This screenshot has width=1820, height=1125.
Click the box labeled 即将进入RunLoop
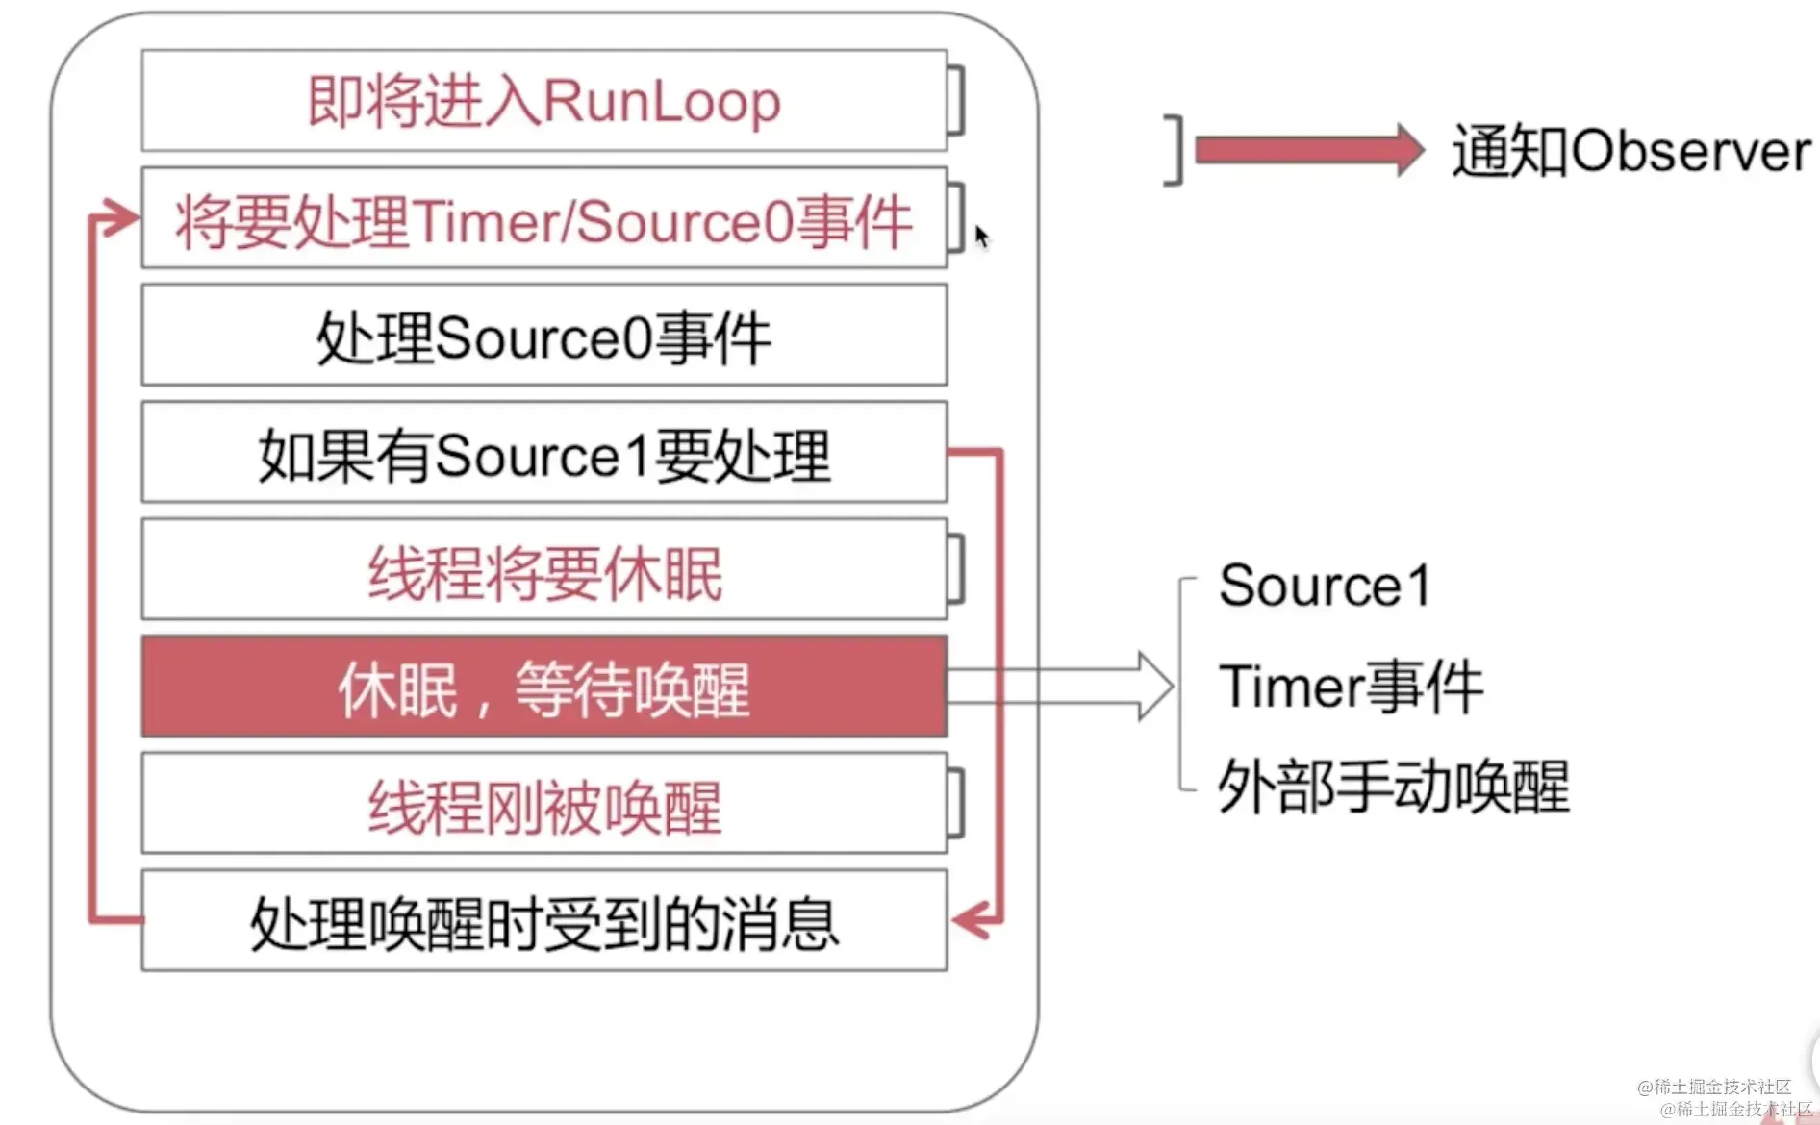[x=543, y=101]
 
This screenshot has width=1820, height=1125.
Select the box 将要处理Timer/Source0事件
[x=543, y=219]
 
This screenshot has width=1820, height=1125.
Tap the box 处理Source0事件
[x=543, y=337]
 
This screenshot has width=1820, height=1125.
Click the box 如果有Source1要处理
[x=543, y=454]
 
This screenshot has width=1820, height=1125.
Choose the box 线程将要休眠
[x=543, y=571]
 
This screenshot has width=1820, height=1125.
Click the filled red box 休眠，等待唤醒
[x=543, y=687]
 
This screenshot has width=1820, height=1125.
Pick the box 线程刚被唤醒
[x=543, y=805]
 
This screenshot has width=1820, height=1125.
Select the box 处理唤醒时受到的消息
[x=543, y=922]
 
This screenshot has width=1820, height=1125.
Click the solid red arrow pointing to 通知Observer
[x=1308, y=151]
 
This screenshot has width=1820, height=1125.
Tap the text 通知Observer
[x=1630, y=151]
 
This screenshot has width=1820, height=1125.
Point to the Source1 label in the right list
[x=1325, y=585]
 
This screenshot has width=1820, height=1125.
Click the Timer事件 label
[x=1351, y=687]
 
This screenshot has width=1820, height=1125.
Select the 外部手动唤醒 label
[x=1393, y=787]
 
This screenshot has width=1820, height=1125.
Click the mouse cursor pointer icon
[x=980, y=236]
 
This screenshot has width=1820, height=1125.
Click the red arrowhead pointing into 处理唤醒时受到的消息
[x=972, y=920]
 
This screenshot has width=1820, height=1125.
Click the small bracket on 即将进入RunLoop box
[x=957, y=100]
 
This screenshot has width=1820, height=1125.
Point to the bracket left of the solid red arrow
[x=1175, y=150]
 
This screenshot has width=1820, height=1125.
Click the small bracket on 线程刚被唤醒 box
[x=957, y=804]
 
